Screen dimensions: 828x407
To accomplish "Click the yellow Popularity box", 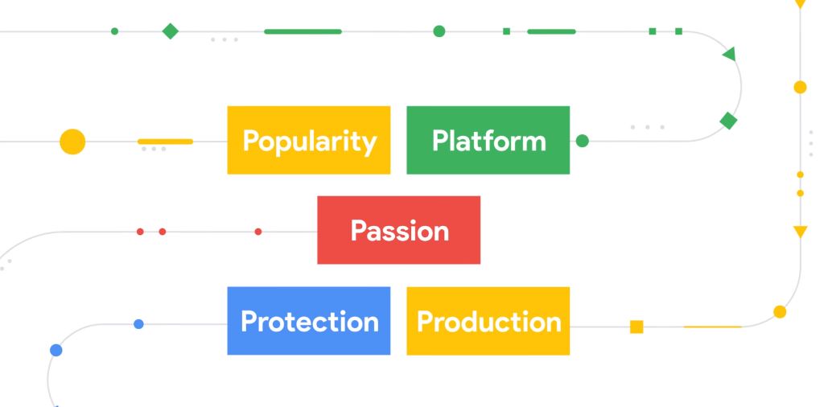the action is (309, 140).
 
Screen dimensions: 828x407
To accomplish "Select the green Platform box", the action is (488, 140).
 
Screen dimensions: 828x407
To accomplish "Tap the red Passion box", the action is (398, 230).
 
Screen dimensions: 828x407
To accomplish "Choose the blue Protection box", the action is (309, 321).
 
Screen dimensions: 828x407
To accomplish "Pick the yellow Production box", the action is (488, 321).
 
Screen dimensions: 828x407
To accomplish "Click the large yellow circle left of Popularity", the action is (72, 142).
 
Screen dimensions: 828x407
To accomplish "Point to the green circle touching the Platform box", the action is (582, 141).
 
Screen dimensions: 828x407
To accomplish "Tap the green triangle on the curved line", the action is (730, 54).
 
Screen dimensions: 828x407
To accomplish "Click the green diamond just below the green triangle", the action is (728, 121).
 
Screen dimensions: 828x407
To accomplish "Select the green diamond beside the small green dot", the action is (170, 31).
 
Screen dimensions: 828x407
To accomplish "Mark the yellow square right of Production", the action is (636, 327).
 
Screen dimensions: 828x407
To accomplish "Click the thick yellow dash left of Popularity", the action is (165, 142).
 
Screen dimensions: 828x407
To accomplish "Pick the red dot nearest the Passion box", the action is (258, 232).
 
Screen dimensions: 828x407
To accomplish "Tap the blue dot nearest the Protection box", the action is (138, 324).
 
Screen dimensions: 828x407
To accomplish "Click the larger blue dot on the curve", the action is (56, 350).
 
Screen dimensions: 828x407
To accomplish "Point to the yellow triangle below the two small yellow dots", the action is (800, 231).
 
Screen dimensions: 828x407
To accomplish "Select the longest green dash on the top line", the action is (303, 31).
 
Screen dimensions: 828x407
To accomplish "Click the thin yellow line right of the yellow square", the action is (713, 327).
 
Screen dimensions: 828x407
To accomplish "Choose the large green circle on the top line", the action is (439, 31).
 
